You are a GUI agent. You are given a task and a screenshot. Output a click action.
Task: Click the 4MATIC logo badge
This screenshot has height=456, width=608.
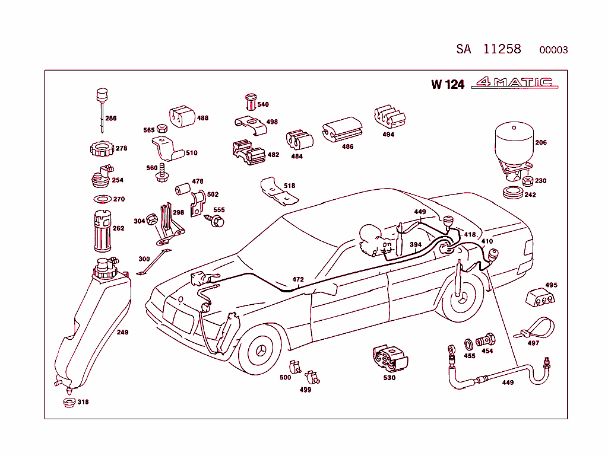(514, 84)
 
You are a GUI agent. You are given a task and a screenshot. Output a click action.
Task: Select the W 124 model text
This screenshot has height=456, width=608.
(448, 84)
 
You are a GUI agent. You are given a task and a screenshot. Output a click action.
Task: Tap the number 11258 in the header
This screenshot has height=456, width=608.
(502, 49)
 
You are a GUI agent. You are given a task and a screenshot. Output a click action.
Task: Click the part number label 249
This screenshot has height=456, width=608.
(122, 333)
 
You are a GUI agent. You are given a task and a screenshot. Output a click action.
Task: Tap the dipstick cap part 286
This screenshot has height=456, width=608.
(102, 96)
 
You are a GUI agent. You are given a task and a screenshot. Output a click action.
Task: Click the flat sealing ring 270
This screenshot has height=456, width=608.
(102, 198)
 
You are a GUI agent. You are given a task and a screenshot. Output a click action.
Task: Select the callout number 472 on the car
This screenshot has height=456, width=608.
(298, 279)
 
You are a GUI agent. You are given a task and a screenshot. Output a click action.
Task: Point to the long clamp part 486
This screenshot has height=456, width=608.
(343, 132)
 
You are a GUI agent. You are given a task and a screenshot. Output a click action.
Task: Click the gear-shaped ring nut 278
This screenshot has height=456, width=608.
(101, 147)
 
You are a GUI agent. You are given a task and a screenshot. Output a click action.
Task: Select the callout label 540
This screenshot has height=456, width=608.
(262, 104)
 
